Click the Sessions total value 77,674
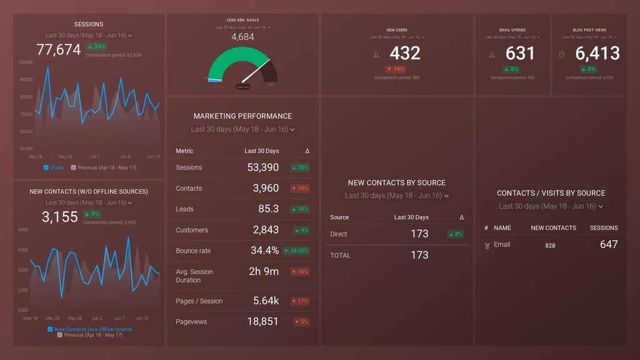tap(59, 49)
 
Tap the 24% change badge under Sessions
tap(97, 47)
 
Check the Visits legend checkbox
tap(46, 167)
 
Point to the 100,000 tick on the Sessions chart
tap(26, 62)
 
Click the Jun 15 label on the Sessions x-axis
tap(152, 157)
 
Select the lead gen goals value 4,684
tap(242, 37)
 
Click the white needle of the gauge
tap(256, 71)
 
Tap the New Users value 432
tap(405, 54)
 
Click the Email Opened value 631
tap(520, 54)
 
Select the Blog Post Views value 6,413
tap(597, 54)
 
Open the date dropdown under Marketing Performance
tap(242, 129)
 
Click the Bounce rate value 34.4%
tap(264, 251)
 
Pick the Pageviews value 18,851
tap(262, 322)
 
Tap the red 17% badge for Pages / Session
tap(301, 301)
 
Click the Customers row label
tap(191, 230)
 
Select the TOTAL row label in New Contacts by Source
tap(340, 256)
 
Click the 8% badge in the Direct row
tap(456, 234)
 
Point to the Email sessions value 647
tap(609, 245)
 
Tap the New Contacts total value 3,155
tap(60, 217)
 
